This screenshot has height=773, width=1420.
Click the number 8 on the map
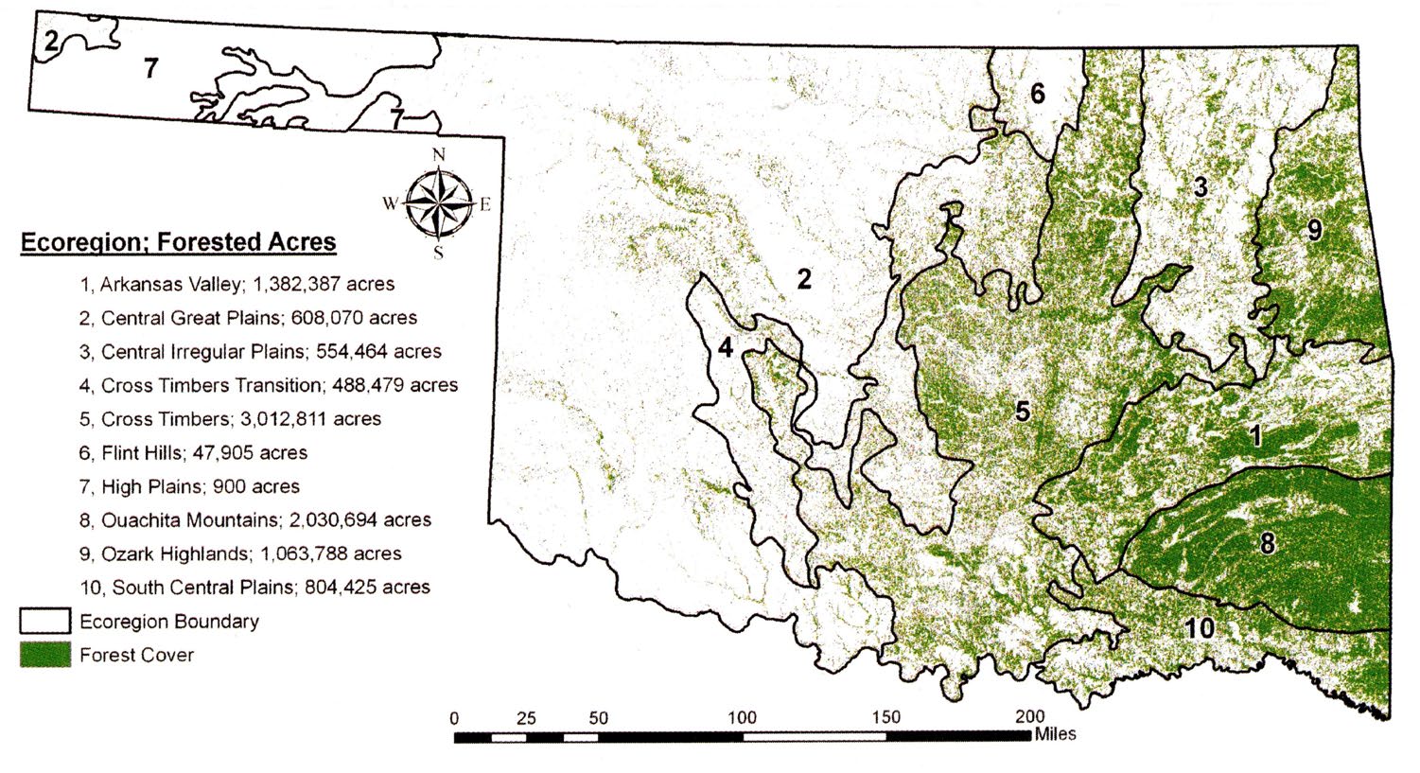click(x=1267, y=543)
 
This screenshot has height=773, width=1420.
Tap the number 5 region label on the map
click(x=1023, y=411)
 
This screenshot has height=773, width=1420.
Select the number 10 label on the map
click(x=1200, y=627)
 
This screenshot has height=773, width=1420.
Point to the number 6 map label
click(x=1038, y=94)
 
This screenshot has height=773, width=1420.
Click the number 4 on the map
click(x=725, y=347)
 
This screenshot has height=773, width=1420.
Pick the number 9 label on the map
click(x=1314, y=230)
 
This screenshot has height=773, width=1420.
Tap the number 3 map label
click(x=1201, y=186)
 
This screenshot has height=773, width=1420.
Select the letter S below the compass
click(x=438, y=253)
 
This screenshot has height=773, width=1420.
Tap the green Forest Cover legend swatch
click(x=45, y=655)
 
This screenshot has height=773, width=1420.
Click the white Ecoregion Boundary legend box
click(x=45, y=621)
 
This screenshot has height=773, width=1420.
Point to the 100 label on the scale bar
click(x=742, y=717)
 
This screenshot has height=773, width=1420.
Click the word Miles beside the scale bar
click(x=1056, y=733)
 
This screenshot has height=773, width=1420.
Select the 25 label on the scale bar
click(x=526, y=717)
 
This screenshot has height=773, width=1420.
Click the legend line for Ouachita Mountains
click(x=255, y=519)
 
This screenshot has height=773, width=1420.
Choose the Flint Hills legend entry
click(x=193, y=452)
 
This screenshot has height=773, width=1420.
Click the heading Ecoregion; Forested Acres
click(x=179, y=242)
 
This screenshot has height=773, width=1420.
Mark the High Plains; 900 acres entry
click(x=189, y=486)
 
